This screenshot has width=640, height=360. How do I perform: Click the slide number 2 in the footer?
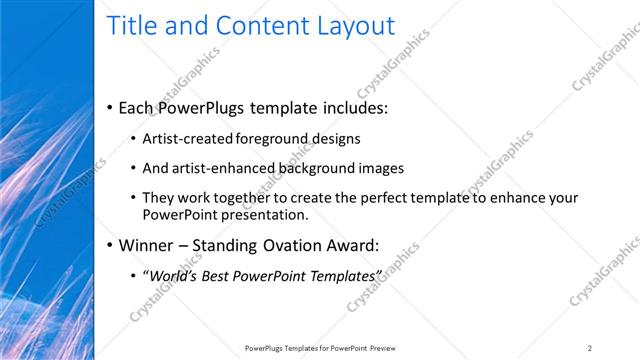pyautogui.click(x=590, y=347)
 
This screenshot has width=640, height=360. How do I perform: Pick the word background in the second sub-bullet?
pyautogui.click(x=320, y=168)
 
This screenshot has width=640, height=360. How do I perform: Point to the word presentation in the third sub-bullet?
pyautogui.click(x=263, y=214)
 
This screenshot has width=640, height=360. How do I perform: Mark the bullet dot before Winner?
pyautogui.click(x=108, y=245)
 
